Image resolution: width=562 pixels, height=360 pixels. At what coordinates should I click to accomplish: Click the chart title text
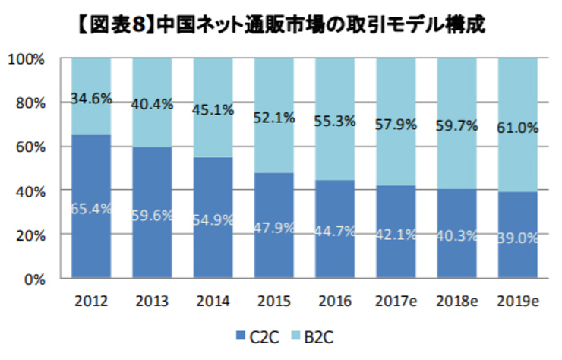[281, 24]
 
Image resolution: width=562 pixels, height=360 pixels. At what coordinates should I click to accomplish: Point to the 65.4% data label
[91, 207]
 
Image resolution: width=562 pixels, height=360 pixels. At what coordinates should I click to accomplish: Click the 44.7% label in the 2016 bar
[335, 231]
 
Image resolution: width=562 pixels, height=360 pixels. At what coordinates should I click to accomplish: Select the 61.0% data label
[518, 128]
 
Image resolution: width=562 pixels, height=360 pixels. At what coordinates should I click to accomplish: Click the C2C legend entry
[253, 334]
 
